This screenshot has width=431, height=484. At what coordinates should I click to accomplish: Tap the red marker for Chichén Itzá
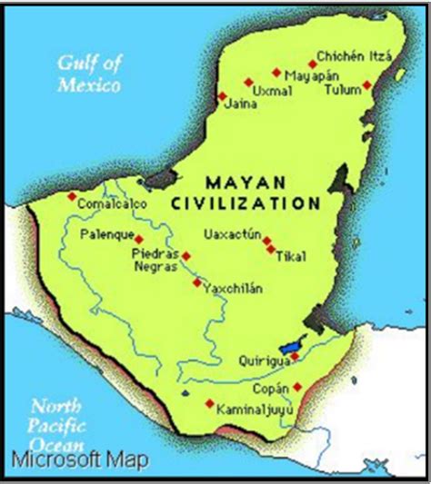(312, 64)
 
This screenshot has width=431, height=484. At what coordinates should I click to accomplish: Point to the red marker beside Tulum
(366, 85)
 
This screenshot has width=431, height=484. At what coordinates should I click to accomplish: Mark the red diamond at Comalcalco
(72, 195)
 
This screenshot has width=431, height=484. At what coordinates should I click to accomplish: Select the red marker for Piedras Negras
(185, 256)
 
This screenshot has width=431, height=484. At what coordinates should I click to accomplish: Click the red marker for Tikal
(271, 248)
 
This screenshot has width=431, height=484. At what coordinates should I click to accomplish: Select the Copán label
(269, 389)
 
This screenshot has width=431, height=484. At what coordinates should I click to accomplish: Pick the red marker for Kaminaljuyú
(210, 403)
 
